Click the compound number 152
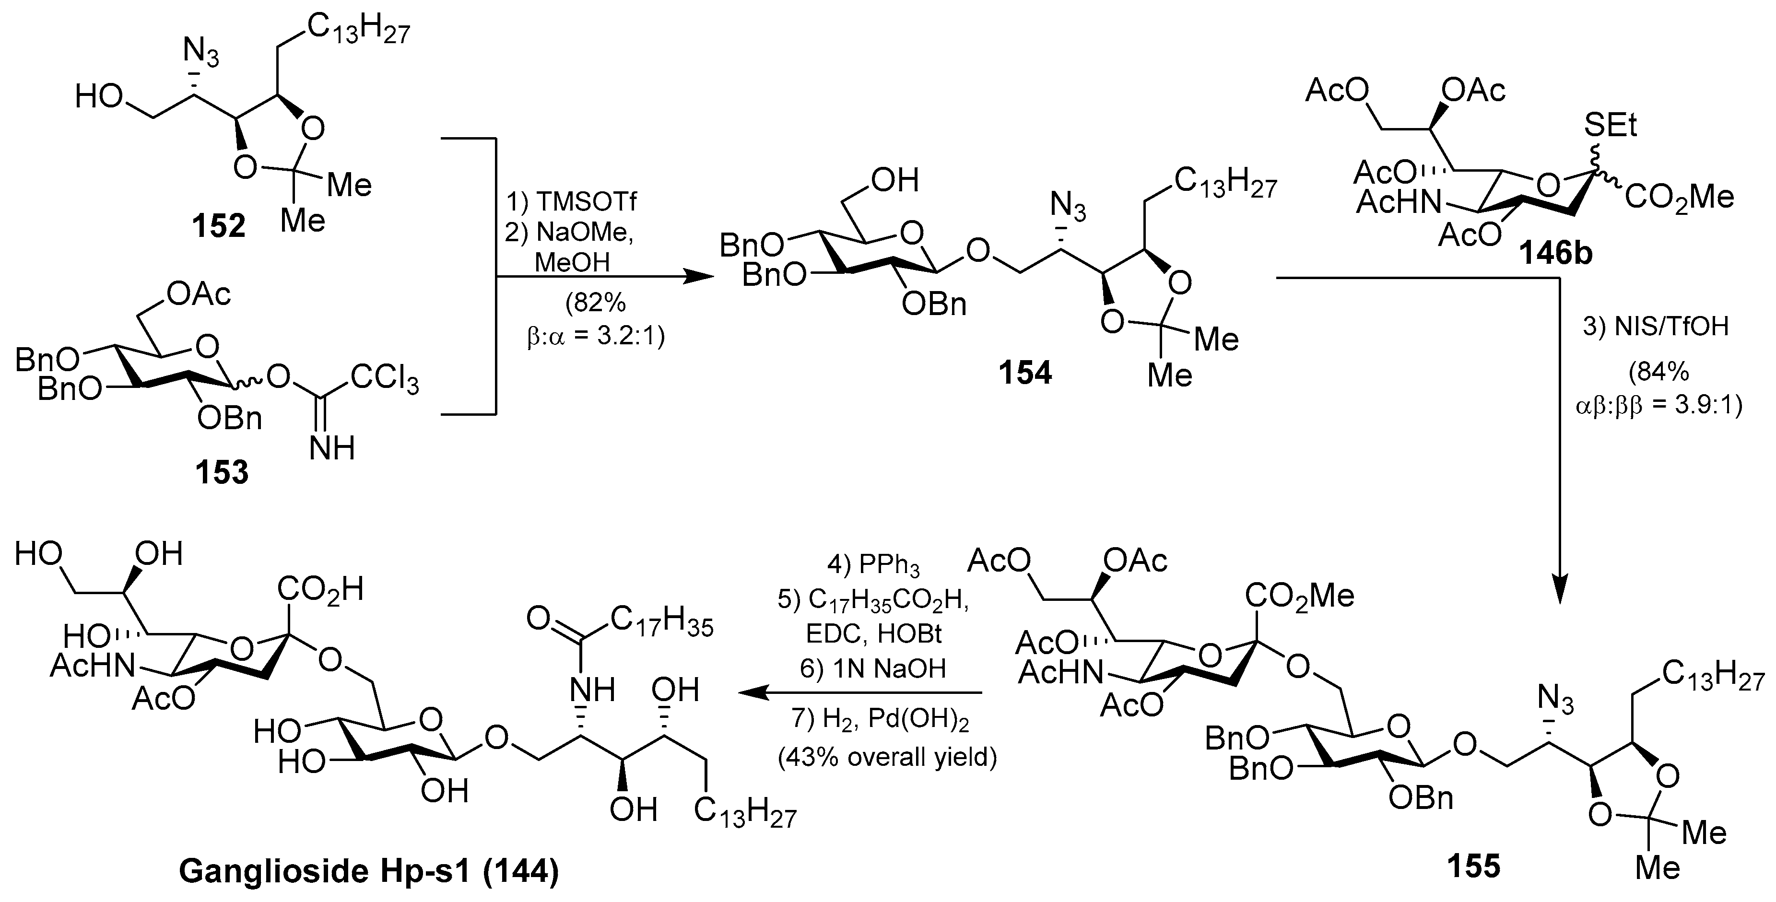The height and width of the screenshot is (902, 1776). pyautogui.click(x=219, y=225)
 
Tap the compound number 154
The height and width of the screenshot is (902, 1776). pyautogui.click(x=1025, y=373)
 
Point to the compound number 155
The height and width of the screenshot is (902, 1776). pyautogui.click(x=1473, y=866)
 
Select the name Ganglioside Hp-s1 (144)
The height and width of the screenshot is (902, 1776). pyautogui.click(x=368, y=871)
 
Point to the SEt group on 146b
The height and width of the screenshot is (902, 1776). pyautogui.click(x=1611, y=127)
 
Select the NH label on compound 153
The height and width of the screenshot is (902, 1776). pyautogui.click(x=331, y=448)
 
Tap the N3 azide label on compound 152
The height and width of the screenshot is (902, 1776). pyautogui.click(x=200, y=52)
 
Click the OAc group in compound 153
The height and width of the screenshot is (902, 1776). pyautogui.click(x=199, y=294)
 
